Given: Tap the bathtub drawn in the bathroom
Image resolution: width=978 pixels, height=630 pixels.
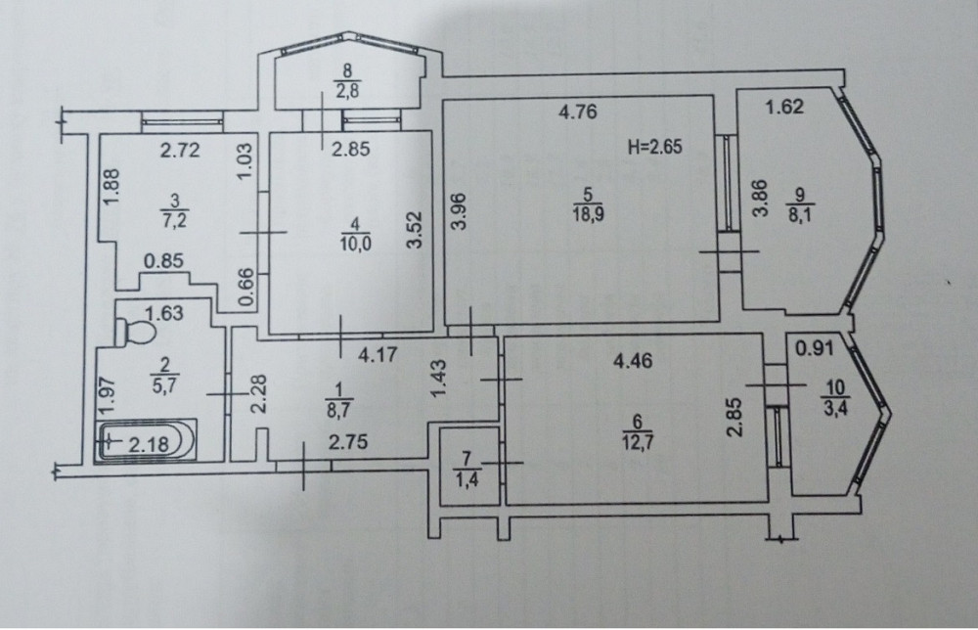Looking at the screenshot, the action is tap(146, 440).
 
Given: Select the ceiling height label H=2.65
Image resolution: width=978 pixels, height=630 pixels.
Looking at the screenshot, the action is tap(654, 147).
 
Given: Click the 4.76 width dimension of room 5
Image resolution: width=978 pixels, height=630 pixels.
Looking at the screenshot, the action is tap(578, 112).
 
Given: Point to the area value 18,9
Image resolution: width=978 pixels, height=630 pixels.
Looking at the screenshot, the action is tap(587, 214).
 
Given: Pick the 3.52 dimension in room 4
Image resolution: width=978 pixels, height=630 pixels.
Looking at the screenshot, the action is tap(415, 230).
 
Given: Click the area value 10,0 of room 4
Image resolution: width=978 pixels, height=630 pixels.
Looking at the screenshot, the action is tap(356, 244).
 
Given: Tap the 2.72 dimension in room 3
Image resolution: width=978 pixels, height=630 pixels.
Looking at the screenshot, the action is tap(180, 151).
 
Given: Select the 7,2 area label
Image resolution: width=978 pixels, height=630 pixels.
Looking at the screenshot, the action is tap(175, 220).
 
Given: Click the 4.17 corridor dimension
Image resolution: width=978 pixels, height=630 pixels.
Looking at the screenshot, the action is tap(378, 355).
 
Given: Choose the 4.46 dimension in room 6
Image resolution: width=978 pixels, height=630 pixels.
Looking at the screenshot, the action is tap(633, 361).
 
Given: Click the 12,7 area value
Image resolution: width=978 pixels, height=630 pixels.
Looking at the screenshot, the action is tap(638, 443).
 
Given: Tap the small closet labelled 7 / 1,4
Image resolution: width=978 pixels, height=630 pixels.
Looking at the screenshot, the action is tap(469, 467).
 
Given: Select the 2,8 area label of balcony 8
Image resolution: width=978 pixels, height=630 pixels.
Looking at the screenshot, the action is tap(347, 91).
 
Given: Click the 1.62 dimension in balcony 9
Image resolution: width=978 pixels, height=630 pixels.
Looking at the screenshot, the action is tap(784, 108).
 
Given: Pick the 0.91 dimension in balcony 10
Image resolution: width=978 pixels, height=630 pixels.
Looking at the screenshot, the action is tap(816, 348).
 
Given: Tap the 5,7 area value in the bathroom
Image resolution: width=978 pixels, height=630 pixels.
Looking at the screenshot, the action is tap(164, 385).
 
